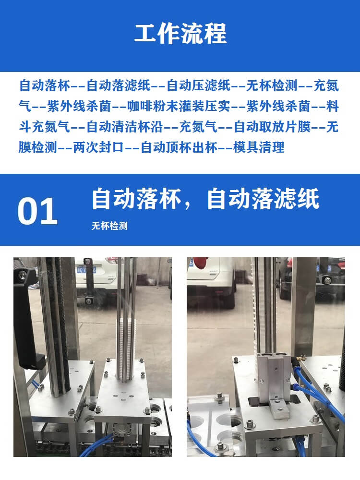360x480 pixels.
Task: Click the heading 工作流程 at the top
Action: click(180, 33)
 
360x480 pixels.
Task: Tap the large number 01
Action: click(37, 211)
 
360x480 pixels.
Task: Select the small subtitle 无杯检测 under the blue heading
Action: click(109, 226)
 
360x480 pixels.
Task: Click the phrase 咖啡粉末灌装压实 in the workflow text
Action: click(179, 106)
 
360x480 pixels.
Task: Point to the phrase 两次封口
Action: click(98, 147)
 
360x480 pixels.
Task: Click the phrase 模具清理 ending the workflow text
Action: click(259, 147)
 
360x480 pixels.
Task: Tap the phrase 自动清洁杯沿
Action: click(125, 127)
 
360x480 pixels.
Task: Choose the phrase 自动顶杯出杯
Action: click(179, 147)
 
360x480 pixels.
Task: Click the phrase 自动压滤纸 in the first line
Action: click(199, 85)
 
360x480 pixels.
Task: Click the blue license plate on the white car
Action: click(86, 270)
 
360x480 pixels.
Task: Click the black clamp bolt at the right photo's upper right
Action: click(328, 279)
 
